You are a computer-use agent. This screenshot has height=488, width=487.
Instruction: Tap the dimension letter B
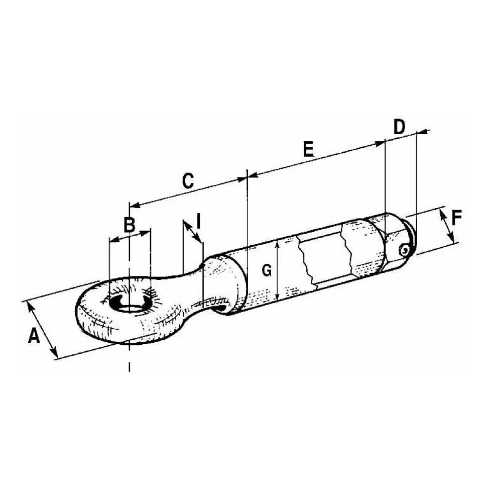click(x=130, y=225)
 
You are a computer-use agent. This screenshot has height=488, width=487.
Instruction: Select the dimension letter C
click(x=188, y=181)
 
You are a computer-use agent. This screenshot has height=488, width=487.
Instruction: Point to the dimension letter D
click(x=399, y=127)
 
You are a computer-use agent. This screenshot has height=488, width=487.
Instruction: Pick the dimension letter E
click(x=308, y=149)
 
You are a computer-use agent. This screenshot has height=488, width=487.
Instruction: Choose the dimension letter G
click(x=267, y=270)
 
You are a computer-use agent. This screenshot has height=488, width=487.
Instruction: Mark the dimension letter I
click(x=198, y=221)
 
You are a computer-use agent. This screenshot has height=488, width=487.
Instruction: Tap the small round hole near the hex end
click(x=404, y=250)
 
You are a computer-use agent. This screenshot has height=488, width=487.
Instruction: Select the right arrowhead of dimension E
click(x=380, y=143)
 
